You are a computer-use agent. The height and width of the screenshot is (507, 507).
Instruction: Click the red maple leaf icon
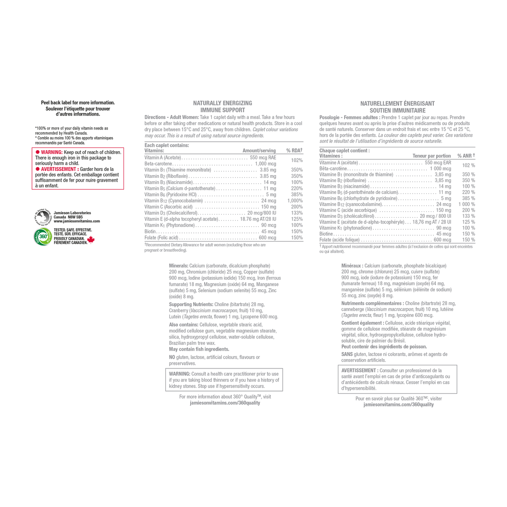(91, 239)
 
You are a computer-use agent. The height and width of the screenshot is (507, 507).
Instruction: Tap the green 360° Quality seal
(43, 237)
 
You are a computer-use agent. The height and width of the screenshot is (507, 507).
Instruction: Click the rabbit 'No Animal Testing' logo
(43, 217)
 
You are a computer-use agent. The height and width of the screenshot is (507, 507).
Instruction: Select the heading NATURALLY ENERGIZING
(223, 103)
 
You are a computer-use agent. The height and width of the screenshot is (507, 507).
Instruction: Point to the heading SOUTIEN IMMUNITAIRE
(398, 111)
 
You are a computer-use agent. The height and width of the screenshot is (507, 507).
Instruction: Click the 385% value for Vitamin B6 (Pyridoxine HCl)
(297, 195)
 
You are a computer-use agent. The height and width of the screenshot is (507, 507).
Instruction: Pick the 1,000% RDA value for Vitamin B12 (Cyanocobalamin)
(295, 201)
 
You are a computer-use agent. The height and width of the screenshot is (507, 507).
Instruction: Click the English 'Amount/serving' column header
(259, 151)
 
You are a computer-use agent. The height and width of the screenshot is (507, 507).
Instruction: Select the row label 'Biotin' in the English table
(150, 231)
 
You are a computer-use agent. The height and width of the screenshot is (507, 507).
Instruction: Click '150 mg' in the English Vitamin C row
(269, 207)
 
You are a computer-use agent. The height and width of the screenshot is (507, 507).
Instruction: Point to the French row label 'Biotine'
(326, 234)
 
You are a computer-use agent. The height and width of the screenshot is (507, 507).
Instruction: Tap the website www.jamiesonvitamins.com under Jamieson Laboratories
(77, 221)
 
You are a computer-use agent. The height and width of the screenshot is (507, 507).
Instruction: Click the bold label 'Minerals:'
(178, 266)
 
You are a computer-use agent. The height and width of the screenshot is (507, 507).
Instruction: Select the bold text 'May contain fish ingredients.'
(199, 349)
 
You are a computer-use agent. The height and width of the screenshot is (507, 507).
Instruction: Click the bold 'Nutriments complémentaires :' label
(372, 303)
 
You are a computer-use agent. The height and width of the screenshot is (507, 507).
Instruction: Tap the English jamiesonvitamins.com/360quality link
(225, 403)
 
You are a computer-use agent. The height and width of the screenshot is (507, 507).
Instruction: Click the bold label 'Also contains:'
(184, 325)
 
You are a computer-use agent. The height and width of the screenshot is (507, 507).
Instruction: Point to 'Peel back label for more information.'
(77, 103)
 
